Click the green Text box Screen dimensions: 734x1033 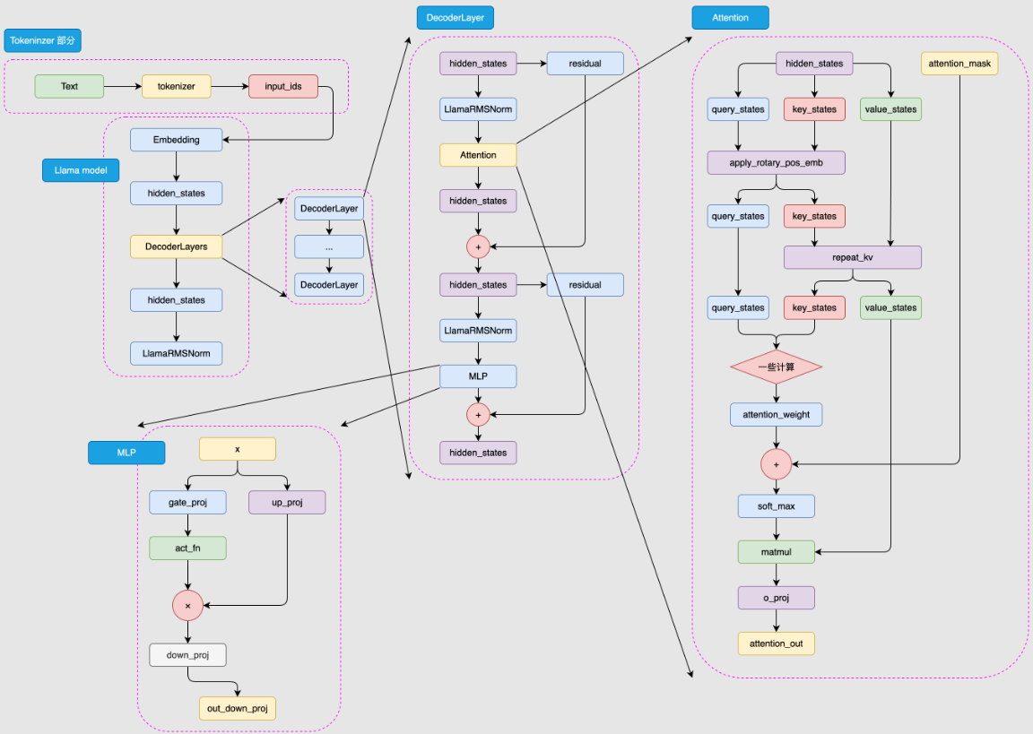click(x=69, y=87)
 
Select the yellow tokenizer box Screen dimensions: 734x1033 click(x=176, y=87)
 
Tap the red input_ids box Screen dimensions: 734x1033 click(x=282, y=87)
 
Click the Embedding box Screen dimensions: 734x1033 click(x=176, y=140)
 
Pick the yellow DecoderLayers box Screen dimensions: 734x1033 click(x=176, y=246)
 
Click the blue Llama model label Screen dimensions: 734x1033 click(x=81, y=170)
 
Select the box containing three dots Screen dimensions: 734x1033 click(x=329, y=246)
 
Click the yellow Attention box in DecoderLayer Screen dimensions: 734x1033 click(x=478, y=155)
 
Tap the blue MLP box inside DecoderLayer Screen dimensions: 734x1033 click(x=478, y=376)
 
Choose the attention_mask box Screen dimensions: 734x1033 click(x=959, y=64)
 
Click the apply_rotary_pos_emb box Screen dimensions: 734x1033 click(x=777, y=163)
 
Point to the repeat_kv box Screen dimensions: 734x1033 click(x=852, y=257)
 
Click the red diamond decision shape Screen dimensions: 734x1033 click(x=777, y=367)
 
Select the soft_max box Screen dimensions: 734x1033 click(x=777, y=506)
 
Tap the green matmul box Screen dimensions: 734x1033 click(x=777, y=552)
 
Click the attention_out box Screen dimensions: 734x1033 click(x=777, y=643)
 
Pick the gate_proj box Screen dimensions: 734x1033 click(x=187, y=503)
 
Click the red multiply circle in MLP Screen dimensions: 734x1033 click(x=187, y=607)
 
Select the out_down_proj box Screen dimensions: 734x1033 click(x=237, y=709)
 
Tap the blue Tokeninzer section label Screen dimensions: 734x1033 click(x=43, y=41)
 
